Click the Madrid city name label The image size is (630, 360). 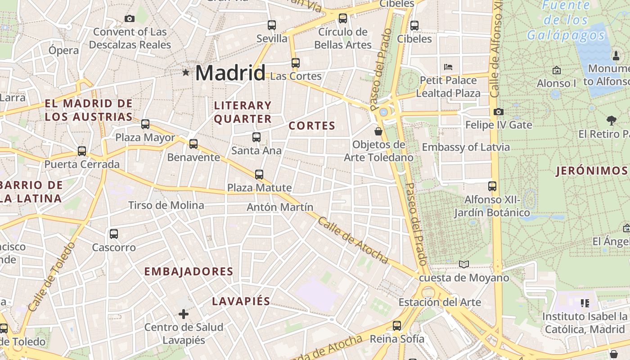tap(230, 73)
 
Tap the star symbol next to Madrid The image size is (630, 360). tap(185, 72)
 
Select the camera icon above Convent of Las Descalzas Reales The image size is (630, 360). tap(130, 18)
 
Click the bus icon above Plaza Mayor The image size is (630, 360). tap(145, 124)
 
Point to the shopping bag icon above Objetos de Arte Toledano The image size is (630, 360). tap(378, 131)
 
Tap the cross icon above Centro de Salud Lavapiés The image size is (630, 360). tap(183, 314)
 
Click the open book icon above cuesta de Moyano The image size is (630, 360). tap(463, 264)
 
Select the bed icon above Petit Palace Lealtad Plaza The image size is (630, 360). tap(448, 67)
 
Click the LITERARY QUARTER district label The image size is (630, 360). tap(243, 112)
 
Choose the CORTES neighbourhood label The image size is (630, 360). tap(312, 126)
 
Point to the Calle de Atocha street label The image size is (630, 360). tap(353, 240)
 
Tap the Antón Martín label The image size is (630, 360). tap(280, 207)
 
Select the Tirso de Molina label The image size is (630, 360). tap(166, 205)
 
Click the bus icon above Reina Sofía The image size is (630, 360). tap(396, 326)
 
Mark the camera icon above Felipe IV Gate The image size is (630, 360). tap(498, 112)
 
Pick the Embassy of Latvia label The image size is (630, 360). tap(466, 147)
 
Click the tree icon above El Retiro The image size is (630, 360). tap(611, 120)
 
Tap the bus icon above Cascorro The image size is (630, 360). tap(114, 234)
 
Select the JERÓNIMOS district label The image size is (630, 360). tap(591, 171)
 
